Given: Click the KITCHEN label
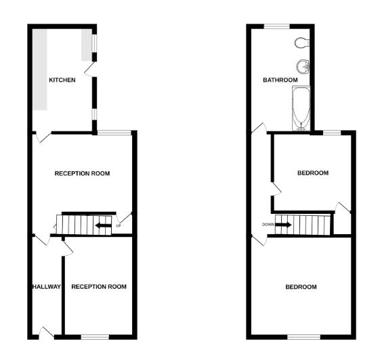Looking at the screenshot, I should pos(62,81).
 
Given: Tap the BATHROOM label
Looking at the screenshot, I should pos(280,81).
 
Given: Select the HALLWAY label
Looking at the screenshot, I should pos(46,287).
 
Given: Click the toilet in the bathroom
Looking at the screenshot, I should pos(302,43).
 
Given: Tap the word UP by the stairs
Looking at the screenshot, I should pos(119,225).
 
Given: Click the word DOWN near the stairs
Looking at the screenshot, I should pos(267,225).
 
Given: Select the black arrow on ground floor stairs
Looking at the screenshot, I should pos(103,225).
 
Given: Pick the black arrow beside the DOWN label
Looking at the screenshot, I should pos(284,225).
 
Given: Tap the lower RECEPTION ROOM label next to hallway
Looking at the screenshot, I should pos(99,287).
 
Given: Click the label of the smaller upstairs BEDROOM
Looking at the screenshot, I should pos(313,173).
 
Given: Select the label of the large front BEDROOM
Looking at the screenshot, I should pos(301,287).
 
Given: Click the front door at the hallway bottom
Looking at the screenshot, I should pos(46,332).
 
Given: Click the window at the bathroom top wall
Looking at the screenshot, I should pos(277,26).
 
